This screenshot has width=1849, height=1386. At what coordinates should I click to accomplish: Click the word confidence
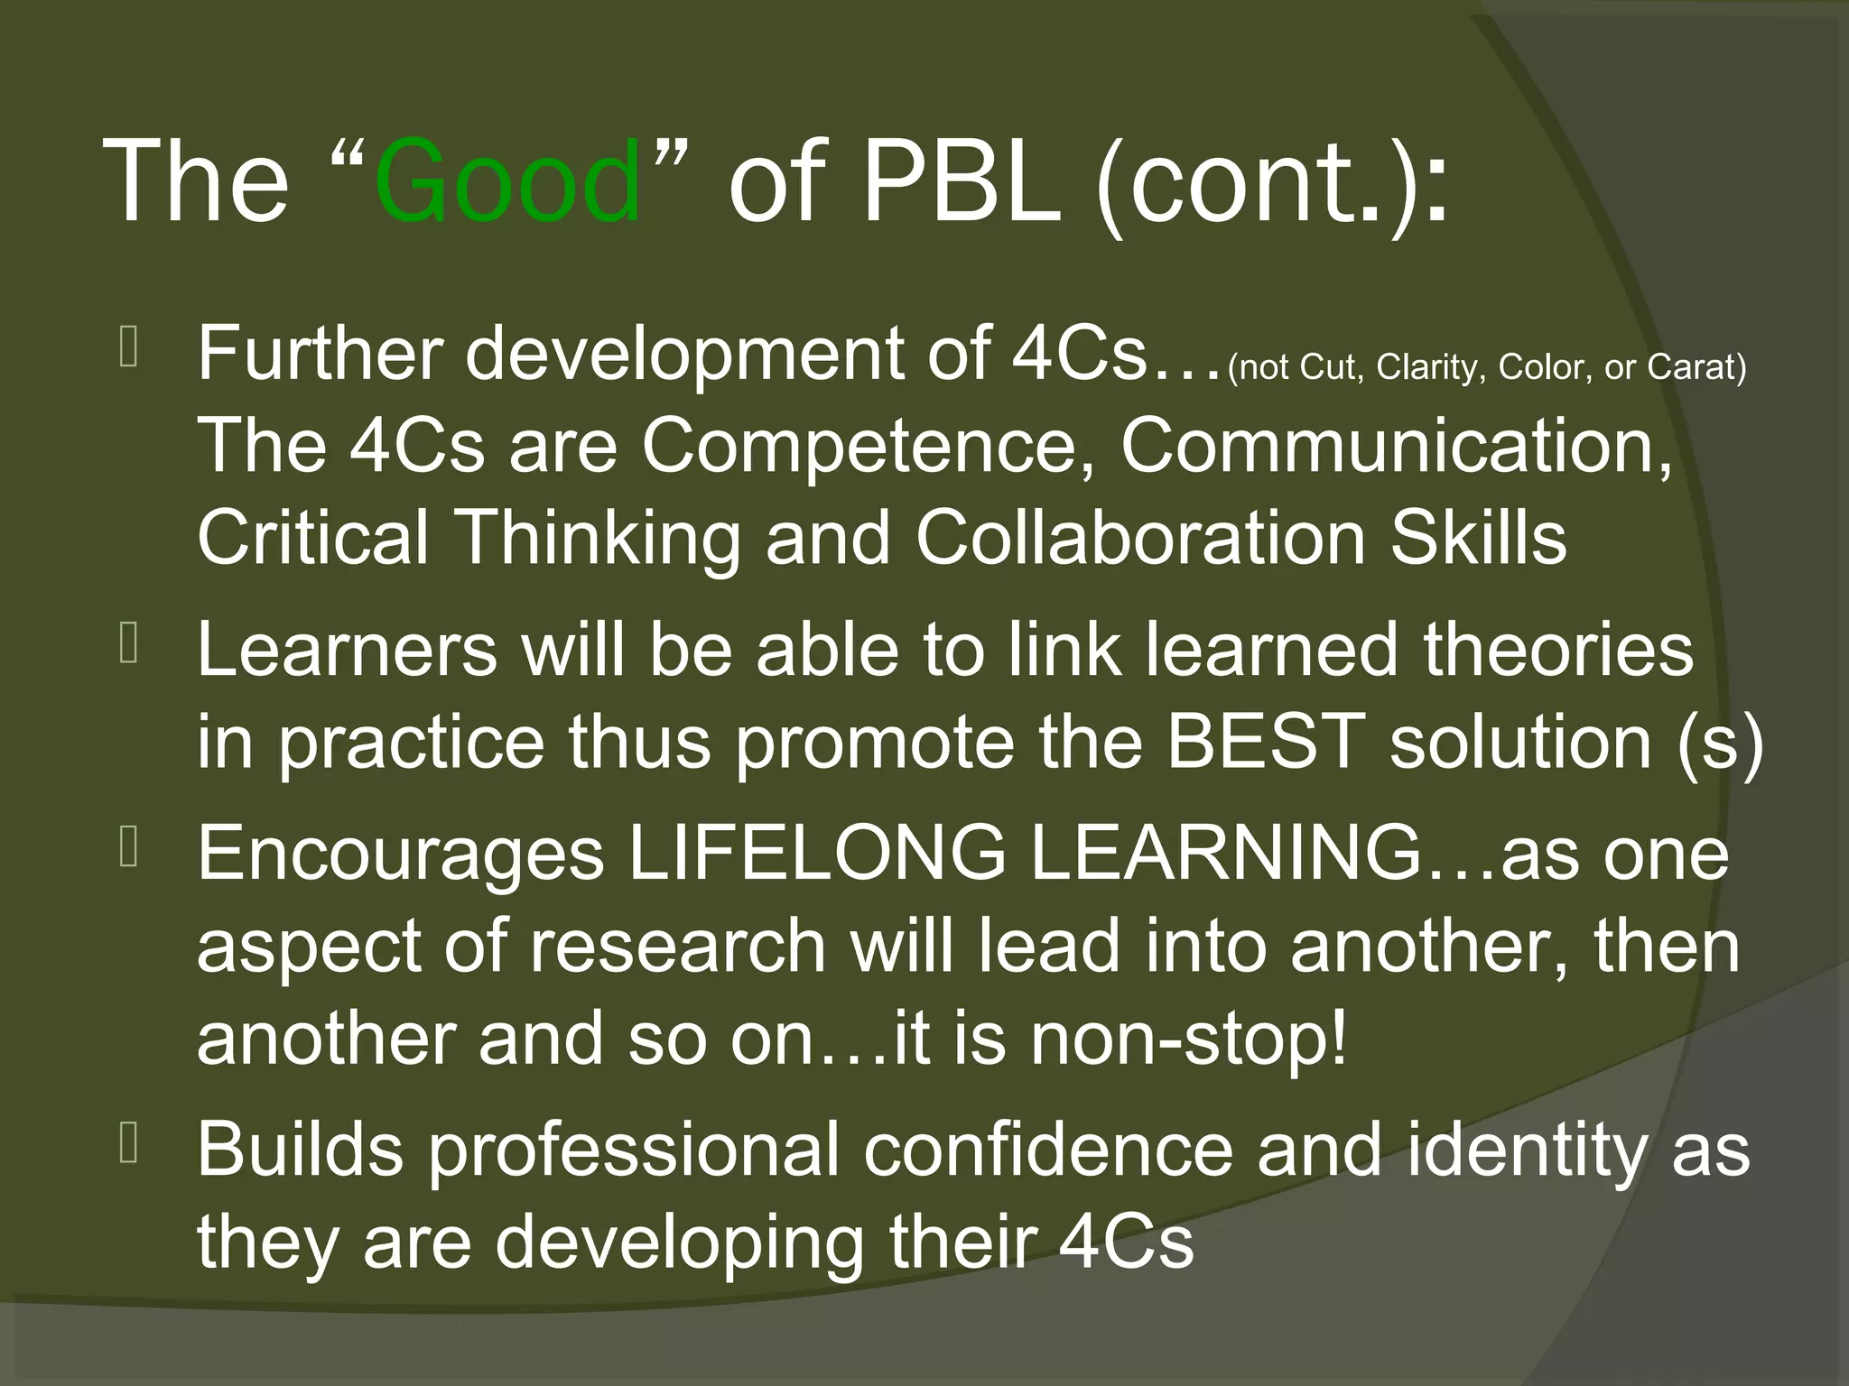pos(1047,1150)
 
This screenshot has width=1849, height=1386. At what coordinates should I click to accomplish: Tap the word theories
pos(1557,649)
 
